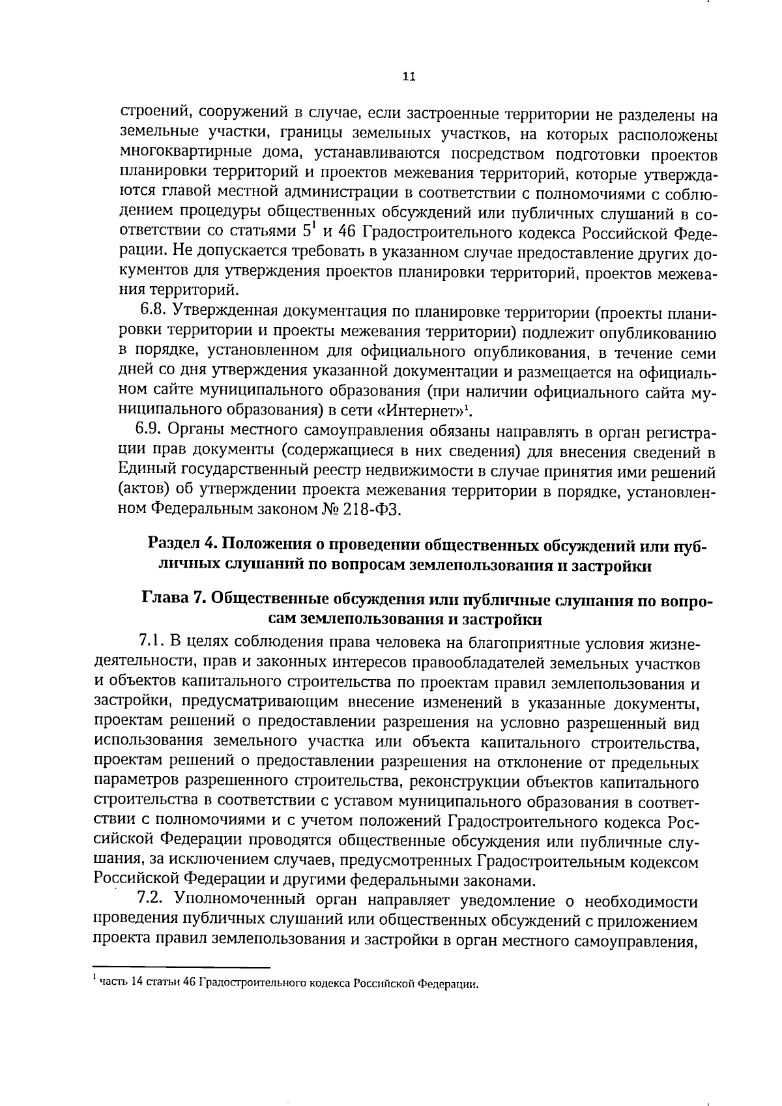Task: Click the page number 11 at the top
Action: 409,76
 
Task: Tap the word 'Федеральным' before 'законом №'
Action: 195,510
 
